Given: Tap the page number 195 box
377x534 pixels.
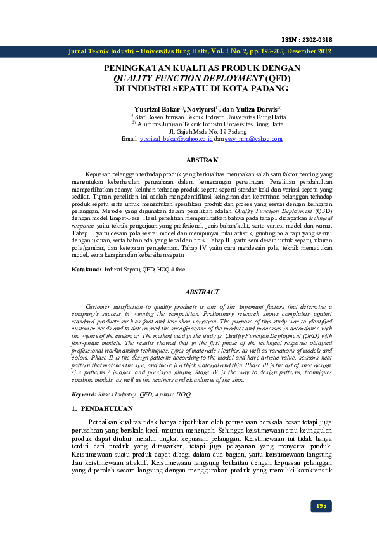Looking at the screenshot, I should (321, 506).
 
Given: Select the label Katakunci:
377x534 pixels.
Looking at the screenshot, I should (86, 270).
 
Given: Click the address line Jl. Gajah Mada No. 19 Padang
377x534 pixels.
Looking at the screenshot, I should (201, 132).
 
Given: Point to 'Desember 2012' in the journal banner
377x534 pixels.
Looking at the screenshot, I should (307, 51).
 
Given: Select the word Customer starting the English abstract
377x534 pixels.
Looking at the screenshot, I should (101, 306).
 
